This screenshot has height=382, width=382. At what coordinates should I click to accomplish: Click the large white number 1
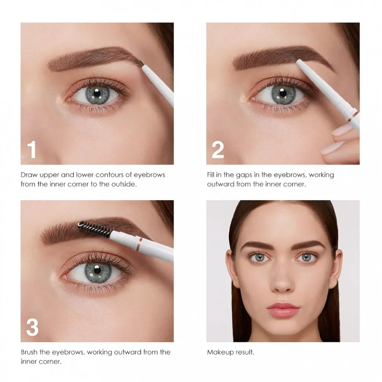[x=31, y=150]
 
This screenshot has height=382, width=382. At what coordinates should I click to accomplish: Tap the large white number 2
[x=217, y=150]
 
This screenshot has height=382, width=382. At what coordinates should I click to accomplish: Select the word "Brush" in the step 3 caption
[x=30, y=352]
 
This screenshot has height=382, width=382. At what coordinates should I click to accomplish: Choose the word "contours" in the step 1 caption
[x=111, y=175]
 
